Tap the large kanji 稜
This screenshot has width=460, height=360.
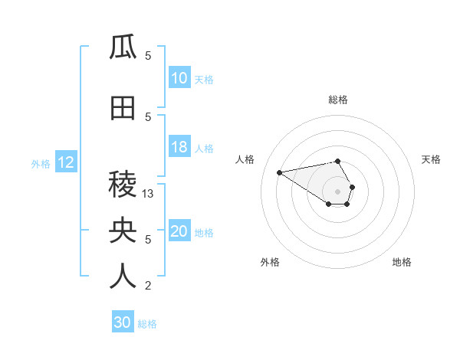click(x=123, y=185)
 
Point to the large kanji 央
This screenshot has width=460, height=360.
click(x=123, y=230)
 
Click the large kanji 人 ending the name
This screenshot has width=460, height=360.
click(x=123, y=277)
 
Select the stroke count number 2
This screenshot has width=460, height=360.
click(x=148, y=286)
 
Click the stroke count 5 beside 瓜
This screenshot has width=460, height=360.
click(x=148, y=56)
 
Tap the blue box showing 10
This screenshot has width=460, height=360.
click(x=179, y=78)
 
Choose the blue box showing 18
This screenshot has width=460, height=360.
click(x=179, y=147)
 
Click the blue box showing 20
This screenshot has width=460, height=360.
click(x=179, y=231)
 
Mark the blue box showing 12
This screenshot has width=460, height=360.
click(x=66, y=162)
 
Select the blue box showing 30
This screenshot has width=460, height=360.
click(x=123, y=322)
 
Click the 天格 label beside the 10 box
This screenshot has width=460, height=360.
click(x=204, y=79)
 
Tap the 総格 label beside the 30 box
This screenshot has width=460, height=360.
click(x=147, y=324)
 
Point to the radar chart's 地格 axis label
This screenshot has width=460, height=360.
click(x=402, y=262)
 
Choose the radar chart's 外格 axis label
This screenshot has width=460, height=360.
click(x=270, y=262)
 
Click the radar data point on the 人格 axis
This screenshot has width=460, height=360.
click(x=280, y=172)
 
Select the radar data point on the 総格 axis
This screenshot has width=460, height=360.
click(x=337, y=161)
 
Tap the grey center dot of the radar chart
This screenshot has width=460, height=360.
click(x=337, y=191)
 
